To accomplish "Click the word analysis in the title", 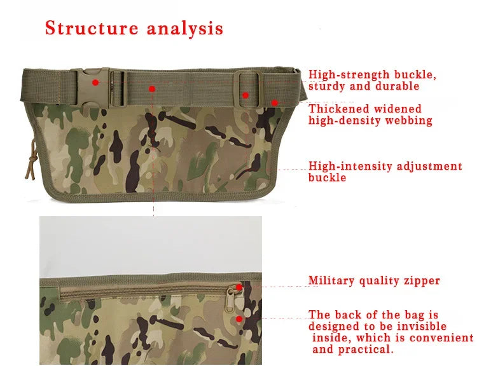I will coord(185,29).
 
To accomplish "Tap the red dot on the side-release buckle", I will coord(95,82).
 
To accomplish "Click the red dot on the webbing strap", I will coord(152,88).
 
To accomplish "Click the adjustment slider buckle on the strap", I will coord(247,89).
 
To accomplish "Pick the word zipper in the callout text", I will coord(420,280).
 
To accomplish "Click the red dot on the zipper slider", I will coord(239,287).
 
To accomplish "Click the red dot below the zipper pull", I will coord(239,319).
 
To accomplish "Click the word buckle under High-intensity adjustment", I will coord(328,178).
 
